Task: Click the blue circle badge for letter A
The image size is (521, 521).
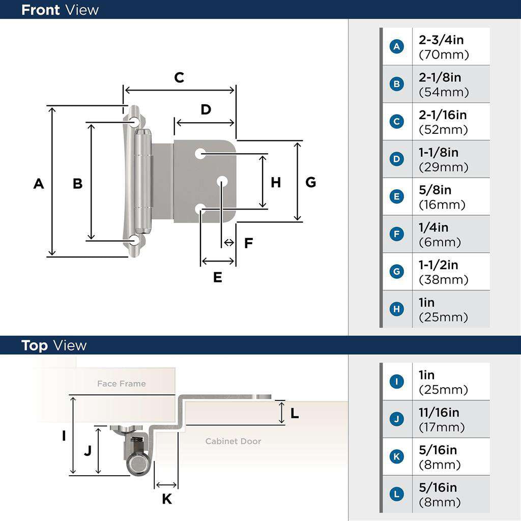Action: (x=396, y=47)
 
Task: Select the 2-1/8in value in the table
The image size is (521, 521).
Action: (x=440, y=77)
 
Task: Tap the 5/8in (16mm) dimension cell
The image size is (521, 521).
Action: (x=442, y=197)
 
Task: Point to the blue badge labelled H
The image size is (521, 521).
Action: (x=396, y=309)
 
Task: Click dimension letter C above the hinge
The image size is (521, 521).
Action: (x=179, y=77)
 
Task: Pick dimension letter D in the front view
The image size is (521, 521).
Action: (x=206, y=109)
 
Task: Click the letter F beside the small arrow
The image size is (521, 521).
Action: (x=248, y=243)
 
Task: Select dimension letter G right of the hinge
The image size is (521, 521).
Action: (x=310, y=182)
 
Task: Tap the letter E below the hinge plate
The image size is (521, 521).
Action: (x=218, y=277)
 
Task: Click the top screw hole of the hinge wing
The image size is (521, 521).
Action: (x=134, y=121)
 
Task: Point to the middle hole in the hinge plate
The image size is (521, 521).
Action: (x=222, y=181)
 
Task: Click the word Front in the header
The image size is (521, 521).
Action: (x=40, y=10)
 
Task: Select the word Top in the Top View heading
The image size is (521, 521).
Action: (x=35, y=345)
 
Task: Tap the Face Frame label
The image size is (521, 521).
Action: (x=121, y=384)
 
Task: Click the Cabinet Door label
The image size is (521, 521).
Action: (x=233, y=441)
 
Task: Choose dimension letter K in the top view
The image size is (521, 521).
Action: (x=167, y=499)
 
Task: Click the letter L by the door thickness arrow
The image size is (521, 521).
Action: (x=295, y=414)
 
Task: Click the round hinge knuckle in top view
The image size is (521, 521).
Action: (x=137, y=463)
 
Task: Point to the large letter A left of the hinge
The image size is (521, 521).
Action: (x=39, y=183)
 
